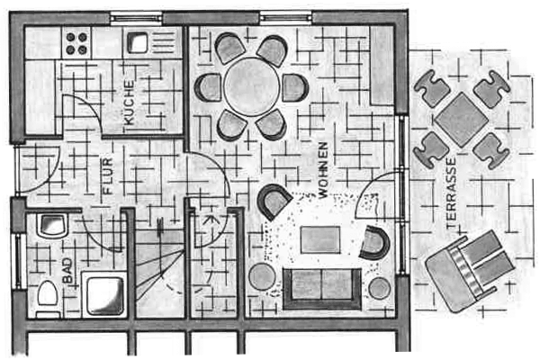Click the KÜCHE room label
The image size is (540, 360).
tap(129, 103)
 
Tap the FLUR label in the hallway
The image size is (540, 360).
tap(107, 175)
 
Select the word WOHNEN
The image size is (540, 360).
tap(323, 170)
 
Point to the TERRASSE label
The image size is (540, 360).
tap(451, 193)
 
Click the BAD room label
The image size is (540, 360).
tap(67, 271)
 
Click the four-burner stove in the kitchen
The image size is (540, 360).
tap(76, 43)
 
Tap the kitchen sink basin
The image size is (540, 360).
tap(138, 42)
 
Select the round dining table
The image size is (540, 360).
tap(251, 86)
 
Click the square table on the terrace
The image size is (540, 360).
tap(461, 120)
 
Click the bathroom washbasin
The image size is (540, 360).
tap(53, 226)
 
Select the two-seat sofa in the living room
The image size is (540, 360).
tap(322, 289)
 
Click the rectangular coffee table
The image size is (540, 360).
tap(320, 239)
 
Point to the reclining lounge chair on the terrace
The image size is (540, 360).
tap(470, 271)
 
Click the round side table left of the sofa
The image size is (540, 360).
tap(263, 276)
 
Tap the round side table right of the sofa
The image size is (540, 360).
tap(380, 288)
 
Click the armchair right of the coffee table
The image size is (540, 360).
tap(374, 243)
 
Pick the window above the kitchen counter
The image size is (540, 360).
tap(136, 17)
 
